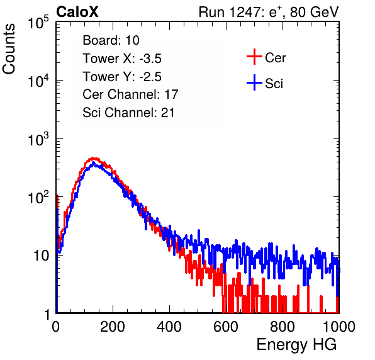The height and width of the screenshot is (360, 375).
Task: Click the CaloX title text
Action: coord(77,12)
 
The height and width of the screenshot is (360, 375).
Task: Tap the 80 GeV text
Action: coord(314,12)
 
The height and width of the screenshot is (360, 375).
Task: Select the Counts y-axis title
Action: coord(9,49)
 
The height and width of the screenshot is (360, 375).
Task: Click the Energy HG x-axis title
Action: coord(296,344)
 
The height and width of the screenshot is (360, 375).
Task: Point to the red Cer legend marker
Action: coord(254,57)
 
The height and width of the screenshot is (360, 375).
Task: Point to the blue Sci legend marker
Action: coord(254,83)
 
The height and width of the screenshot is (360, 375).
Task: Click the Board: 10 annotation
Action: coord(111,40)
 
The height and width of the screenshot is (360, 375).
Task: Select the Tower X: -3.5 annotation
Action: coord(122,59)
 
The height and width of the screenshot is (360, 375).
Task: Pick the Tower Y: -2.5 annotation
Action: coord(122,77)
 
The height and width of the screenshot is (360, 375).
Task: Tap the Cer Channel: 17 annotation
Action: coord(130,94)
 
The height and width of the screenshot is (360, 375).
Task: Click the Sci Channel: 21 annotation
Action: coord(128,113)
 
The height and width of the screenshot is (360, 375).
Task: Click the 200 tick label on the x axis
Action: coord(113,327)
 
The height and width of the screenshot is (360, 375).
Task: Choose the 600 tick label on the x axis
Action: coord(226,327)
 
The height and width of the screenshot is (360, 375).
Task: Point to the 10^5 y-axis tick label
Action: coord(38,22)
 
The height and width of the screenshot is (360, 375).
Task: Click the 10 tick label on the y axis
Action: coord(41,256)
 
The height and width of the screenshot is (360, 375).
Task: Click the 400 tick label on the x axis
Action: coord(169,327)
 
